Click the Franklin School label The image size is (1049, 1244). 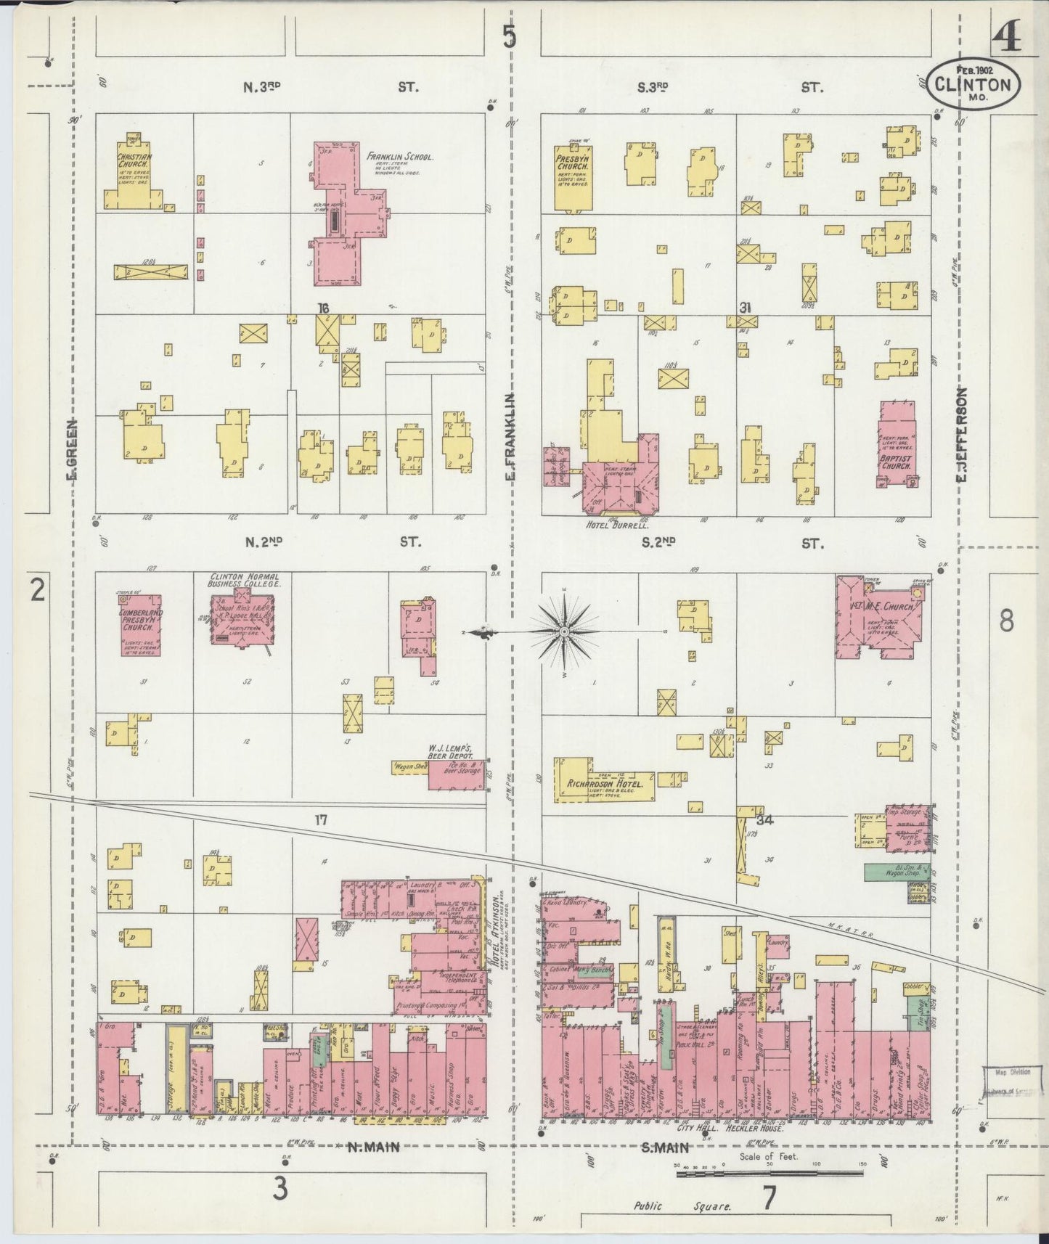400,156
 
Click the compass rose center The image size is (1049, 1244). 563,633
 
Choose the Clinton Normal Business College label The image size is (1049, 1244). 242,579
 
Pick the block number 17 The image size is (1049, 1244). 322,820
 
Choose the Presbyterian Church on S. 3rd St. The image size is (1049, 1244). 574,174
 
